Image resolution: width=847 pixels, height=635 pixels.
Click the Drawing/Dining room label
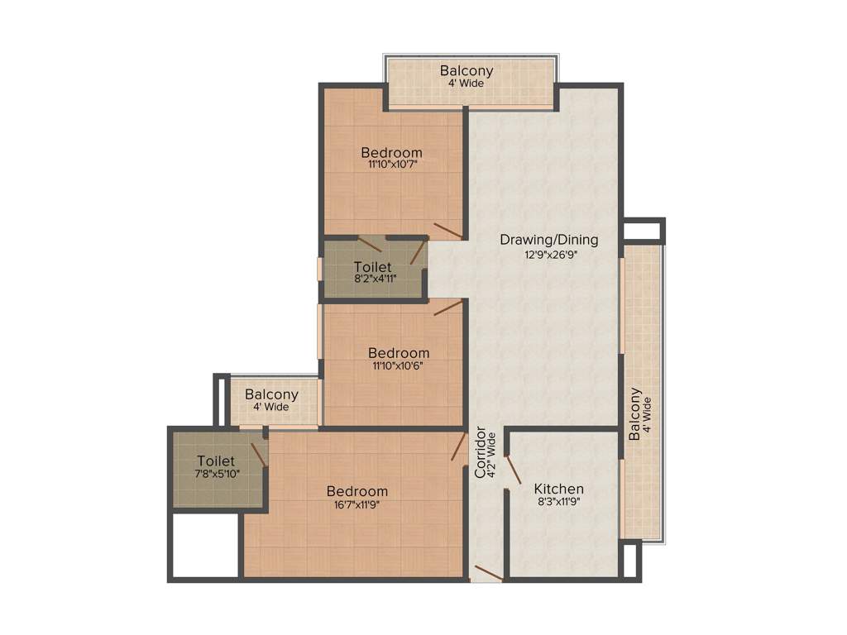click(548, 240)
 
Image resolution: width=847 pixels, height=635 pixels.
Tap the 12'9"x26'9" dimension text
click(549, 255)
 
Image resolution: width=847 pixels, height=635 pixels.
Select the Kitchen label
click(558, 489)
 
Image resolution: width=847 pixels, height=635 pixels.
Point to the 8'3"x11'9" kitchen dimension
click(558, 502)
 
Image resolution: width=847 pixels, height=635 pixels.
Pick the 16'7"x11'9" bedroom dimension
click(357, 504)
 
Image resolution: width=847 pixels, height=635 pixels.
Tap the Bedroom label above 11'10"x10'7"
click(391, 152)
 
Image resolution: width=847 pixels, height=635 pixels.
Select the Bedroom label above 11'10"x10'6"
click(399, 353)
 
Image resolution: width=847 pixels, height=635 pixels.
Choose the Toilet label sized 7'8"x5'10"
click(216, 461)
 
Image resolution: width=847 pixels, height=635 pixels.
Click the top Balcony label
click(467, 70)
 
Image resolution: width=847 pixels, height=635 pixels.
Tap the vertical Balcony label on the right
click(634, 415)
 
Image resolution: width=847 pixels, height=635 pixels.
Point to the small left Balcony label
click(271, 394)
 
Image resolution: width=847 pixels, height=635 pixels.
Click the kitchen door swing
click(513, 469)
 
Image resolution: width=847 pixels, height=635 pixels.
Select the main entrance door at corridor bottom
click(486, 572)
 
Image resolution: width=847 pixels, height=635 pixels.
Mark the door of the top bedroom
click(447, 230)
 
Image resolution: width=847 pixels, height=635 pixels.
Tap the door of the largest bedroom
click(458, 446)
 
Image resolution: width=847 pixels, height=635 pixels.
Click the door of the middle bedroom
click(447, 308)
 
